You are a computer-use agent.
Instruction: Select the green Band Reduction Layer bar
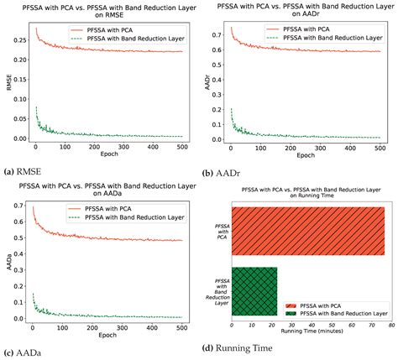[254, 290]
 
